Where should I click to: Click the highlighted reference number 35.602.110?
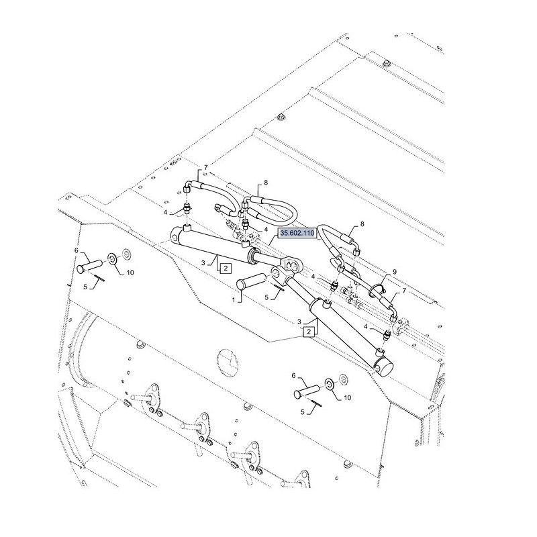point(297,233)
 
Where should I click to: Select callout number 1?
point(234,300)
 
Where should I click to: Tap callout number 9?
point(395,272)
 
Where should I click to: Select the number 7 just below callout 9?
point(404,291)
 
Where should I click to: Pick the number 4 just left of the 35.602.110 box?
point(266,229)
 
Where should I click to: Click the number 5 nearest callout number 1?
point(266,297)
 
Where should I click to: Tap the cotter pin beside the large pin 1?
point(279,287)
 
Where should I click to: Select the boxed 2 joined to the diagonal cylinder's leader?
point(309,332)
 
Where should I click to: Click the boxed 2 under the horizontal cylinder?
point(226,268)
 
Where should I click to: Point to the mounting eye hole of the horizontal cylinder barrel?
point(175,236)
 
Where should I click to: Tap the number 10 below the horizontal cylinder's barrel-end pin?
point(130,273)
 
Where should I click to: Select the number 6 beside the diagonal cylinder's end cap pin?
point(293,376)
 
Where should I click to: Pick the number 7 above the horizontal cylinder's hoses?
point(206,167)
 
